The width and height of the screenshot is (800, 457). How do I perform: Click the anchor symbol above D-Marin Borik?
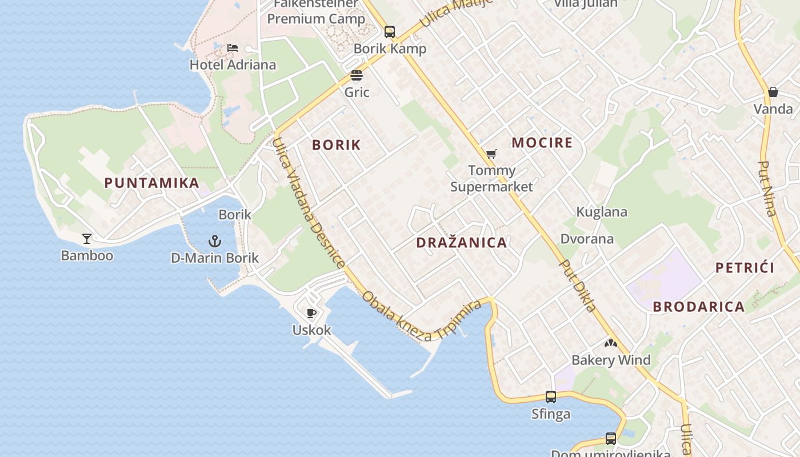click(x=215, y=240)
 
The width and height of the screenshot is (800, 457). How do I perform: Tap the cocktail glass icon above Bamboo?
click(x=87, y=238)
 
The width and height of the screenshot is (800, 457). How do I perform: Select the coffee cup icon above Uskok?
click(x=311, y=313)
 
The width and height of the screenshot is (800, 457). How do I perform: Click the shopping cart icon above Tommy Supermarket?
click(x=491, y=153)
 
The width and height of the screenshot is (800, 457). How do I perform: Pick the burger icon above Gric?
click(x=357, y=75)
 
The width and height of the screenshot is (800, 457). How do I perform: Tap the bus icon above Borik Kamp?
click(x=390, y=31)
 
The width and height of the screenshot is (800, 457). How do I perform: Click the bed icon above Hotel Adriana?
click(x=233, y=47)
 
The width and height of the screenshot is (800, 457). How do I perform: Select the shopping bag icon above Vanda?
click(x=773, y=91)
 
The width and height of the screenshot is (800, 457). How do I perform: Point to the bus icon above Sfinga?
click(x=551, y=396)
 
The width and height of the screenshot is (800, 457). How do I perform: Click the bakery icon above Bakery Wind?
click(x=611, y=343)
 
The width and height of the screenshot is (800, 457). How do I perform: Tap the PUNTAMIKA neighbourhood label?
click(x=152, y=183)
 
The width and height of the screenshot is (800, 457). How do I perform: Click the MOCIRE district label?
click(x=542, y=143)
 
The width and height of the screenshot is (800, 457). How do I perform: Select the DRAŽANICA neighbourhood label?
click(x=462, y=243)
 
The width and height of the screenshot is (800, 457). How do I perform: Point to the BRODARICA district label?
click(x=699, y=307)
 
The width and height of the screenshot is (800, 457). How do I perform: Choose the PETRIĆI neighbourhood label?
click(x=745, y=268)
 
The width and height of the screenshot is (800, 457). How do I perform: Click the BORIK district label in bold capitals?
click(x=337, y=145)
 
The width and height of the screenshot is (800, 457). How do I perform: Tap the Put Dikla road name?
click(x=578, y=286)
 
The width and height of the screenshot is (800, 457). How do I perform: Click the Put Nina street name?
click(x=767, y=189)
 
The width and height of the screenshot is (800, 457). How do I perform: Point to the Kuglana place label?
click(x=602, y=212)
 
